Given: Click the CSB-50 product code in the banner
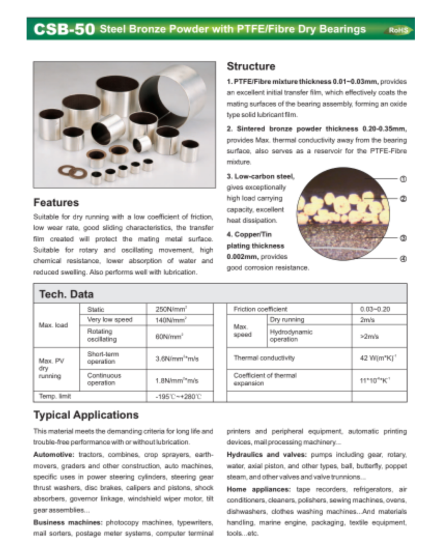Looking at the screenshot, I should (64, 29).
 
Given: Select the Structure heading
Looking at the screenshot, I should (251, 67).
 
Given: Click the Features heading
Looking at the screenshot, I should (56, 202).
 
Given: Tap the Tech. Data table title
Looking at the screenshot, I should (66, 294).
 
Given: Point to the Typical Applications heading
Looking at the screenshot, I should (86, 415).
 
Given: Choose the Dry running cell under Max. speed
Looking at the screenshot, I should (287, 320).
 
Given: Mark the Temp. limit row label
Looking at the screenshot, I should (54, 397).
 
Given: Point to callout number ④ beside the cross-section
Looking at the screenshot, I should (403, 259).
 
